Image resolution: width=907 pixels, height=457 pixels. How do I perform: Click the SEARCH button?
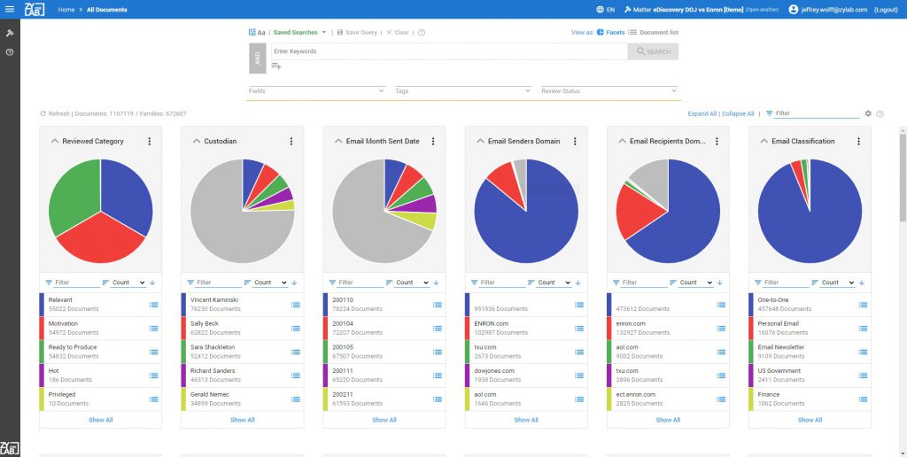[653, 51]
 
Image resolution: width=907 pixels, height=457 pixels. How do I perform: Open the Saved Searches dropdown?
[299, 32]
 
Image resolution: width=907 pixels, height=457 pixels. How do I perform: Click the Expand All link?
[702, 113]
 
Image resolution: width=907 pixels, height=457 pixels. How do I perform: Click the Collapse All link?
[738, 113]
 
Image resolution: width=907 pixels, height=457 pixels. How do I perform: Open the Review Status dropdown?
[609, 90]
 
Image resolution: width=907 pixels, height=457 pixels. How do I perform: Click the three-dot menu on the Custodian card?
[291, 141]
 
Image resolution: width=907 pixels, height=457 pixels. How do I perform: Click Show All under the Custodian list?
[243, 420]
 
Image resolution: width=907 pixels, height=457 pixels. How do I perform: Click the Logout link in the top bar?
[886, 10]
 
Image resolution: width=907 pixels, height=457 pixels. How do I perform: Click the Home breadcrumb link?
[66, 10]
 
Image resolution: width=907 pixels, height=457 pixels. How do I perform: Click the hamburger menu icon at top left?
[10, 10]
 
